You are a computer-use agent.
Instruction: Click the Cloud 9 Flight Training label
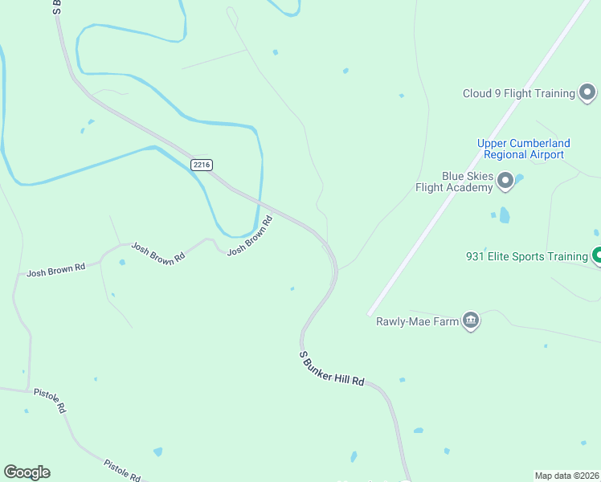(x=518, y=93)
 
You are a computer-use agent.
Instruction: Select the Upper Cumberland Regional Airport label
(x=524, y=149)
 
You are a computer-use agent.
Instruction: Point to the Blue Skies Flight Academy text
(x=454, y=182)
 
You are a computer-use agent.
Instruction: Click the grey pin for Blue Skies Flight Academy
(x=505, y=182)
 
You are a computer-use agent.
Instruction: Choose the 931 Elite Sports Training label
(x=527, y=257)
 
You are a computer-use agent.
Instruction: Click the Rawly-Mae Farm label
(x=417, y=322)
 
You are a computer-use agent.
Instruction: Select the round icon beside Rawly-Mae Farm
(x=471, y=321)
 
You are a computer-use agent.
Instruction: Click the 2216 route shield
(x=202, y=165)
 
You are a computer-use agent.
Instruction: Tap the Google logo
(x=27, y=472)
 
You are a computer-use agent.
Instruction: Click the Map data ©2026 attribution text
(x=566, y=475)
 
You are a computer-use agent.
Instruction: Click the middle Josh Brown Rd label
(x=158, y=255)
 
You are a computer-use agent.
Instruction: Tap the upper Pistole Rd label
(x=50, y=399)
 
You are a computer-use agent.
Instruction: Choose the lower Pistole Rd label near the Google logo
(x=122, y=470)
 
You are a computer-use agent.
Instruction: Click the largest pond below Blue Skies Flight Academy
(x=505, y=214)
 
